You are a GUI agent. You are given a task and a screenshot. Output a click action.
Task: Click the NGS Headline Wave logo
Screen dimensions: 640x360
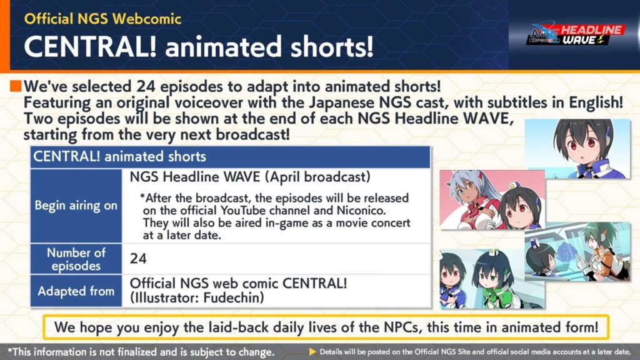point(576,35)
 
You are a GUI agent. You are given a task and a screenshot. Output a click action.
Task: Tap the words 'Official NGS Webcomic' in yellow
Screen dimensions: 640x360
point(102,19)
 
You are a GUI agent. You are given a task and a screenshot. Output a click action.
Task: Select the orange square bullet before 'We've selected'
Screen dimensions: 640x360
point(16,86)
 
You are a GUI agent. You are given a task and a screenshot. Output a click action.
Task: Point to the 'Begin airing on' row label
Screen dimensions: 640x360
point(76,205)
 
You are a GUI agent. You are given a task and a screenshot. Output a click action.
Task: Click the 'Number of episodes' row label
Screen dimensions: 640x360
point(76,259)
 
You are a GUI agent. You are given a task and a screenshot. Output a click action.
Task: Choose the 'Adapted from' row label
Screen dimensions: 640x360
point(76,291)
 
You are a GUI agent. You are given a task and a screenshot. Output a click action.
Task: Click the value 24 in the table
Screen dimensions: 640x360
point(138,259)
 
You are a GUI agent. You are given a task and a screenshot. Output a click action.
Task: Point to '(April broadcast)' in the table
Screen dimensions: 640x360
point(317,177)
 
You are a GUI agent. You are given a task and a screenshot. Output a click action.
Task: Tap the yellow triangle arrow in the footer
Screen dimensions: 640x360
point(312,351)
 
